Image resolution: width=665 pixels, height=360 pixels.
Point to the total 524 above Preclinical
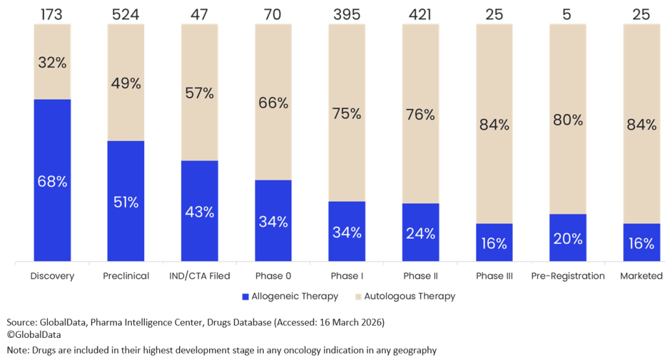click(x=125, y=14)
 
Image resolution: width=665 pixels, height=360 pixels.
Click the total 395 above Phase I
click(x=347, y=14)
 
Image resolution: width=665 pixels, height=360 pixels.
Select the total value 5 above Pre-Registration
click(x=568, y=14)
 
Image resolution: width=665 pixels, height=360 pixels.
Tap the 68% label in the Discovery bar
click(x=52, y=182)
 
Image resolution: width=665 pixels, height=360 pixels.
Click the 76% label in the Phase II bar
click(x=420, y=115)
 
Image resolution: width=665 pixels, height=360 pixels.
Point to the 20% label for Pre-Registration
click(x=568, y=238)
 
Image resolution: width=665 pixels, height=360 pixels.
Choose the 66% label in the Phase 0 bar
click(x=273, y=103)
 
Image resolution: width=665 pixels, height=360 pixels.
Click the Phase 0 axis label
click(x=273, y=276)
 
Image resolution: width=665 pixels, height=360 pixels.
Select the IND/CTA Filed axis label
click(x=199, y=276)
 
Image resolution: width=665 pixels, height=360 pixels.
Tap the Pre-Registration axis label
click(x=568, y=276)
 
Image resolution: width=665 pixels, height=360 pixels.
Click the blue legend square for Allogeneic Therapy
click(x=245, y=296)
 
